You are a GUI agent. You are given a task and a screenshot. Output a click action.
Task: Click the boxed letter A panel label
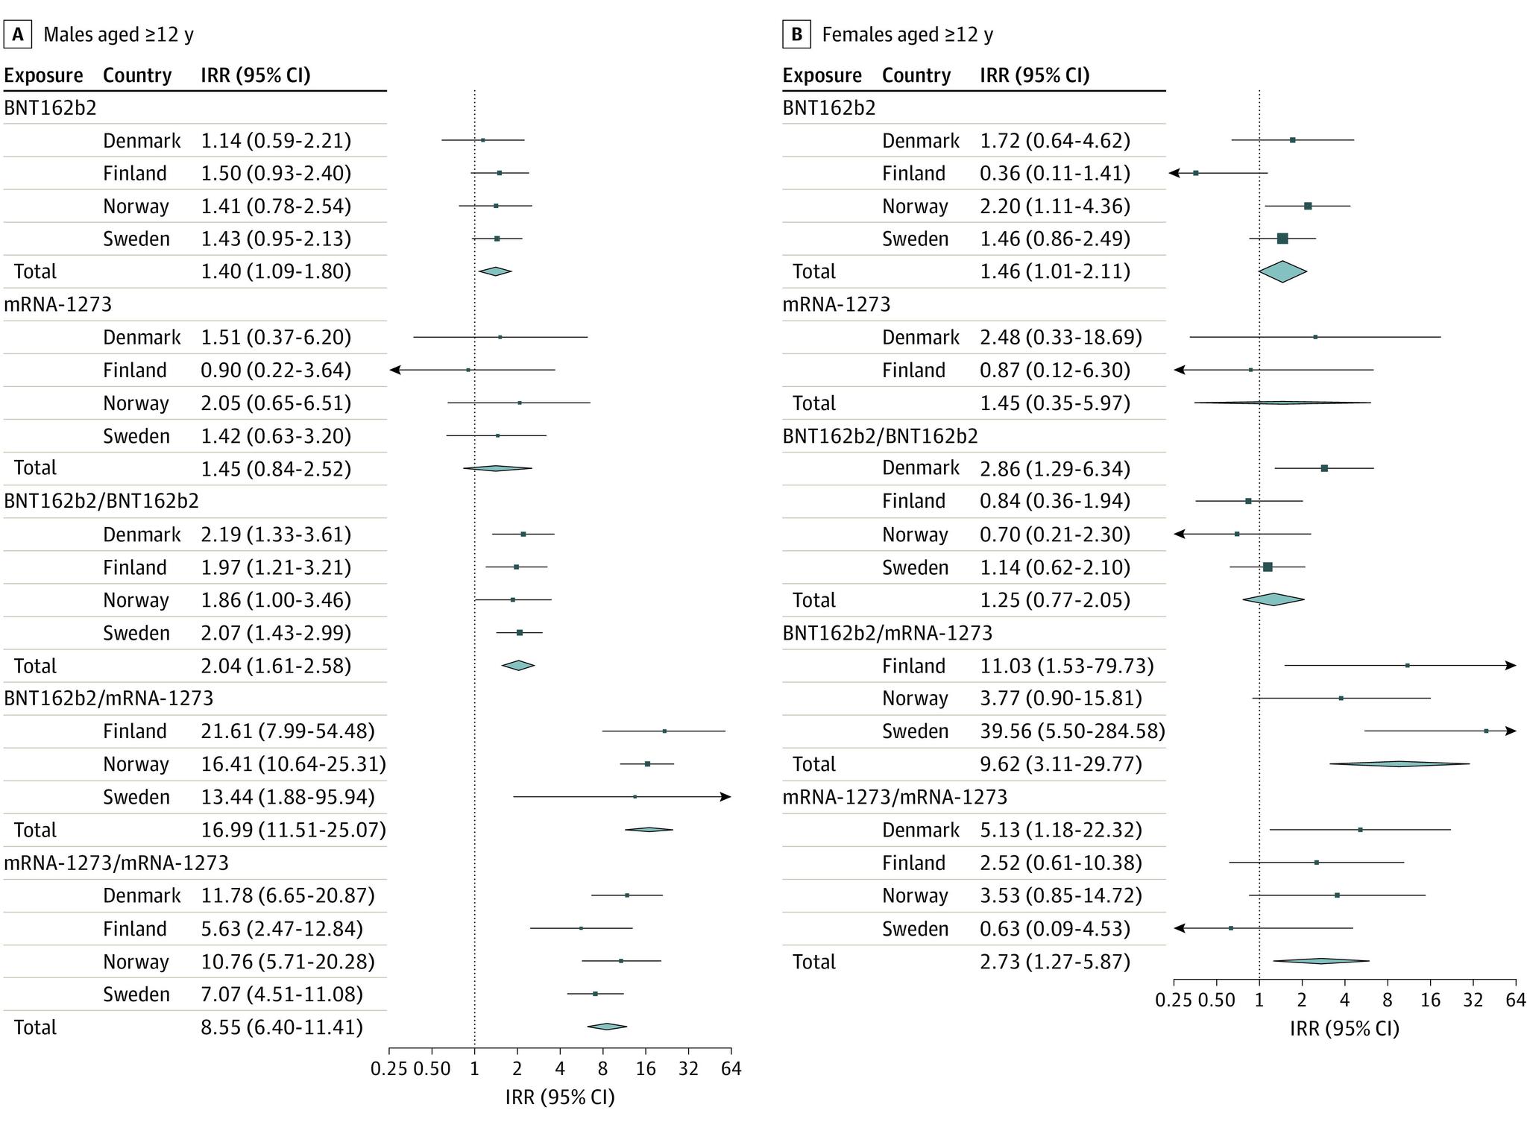[x=17, y=34]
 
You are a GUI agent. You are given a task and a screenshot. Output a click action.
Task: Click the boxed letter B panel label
[x=796, y=34]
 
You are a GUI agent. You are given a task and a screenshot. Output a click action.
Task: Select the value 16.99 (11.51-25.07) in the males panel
[x=293, y=830]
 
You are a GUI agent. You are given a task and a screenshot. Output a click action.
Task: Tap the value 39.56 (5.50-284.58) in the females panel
[x=1071, y=731]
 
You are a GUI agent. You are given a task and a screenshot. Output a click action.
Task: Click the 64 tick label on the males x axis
[x=731, y=1069]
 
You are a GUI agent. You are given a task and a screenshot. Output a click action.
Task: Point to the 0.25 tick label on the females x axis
[x=1173, y=1000]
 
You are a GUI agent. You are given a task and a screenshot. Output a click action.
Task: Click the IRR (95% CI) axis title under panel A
[x=559, y=1097]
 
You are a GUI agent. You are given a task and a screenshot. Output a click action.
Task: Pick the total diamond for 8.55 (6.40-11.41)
[x=607, y=1027]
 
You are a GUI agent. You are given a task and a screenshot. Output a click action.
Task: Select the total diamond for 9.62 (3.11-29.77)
[x=1399, y=763]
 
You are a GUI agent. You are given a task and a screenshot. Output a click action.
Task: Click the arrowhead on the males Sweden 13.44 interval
[x=726, y=797]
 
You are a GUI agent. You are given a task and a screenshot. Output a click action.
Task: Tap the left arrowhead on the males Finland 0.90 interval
[x=395, y=370]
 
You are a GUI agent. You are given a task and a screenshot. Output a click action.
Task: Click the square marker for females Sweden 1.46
[x=1282, y=239]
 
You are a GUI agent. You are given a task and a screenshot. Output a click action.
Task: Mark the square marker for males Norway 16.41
[x=647, y=763]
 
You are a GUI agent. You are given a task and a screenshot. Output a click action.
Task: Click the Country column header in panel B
[x=916, y=75]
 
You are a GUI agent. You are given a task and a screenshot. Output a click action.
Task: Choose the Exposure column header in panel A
[x=43, y=75]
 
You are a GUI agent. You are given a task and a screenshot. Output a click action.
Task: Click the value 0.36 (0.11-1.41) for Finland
[x=1054, y=174]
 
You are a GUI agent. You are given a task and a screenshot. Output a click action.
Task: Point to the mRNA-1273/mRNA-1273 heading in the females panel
[x=894, y=797]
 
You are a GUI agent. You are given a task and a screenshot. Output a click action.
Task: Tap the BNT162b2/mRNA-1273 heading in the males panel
[x=108, y=698]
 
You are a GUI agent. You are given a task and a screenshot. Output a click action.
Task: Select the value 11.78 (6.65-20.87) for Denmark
[x=287, y=895]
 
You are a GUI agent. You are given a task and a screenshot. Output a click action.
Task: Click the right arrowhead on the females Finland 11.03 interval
[x=1511, y=665]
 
